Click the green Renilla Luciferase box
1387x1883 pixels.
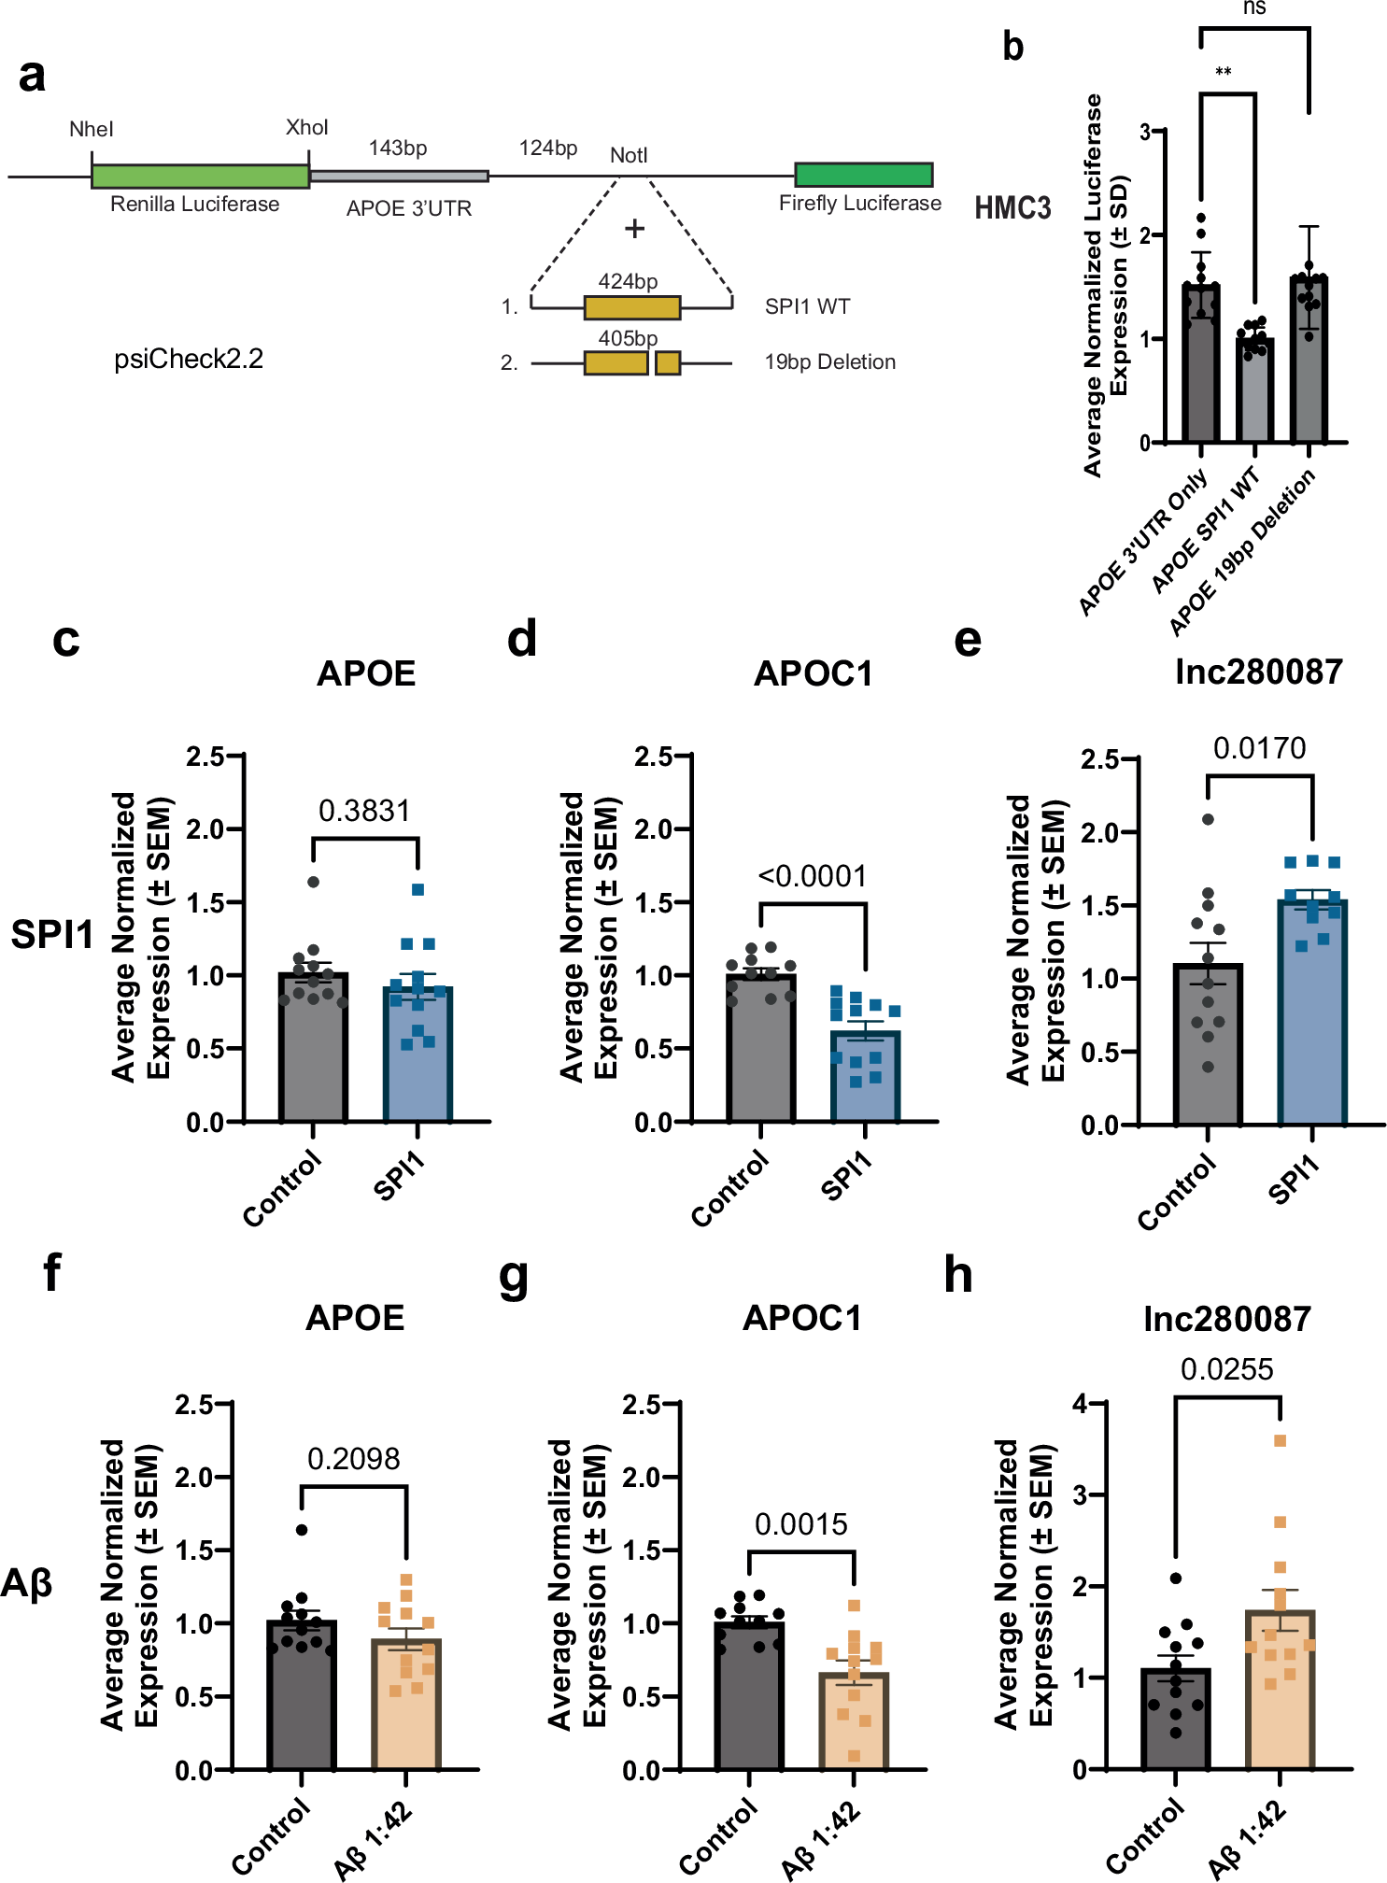click(x=200, y=176)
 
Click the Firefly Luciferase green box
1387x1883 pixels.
click(x=863, y=175)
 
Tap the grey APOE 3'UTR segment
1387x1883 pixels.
click(x=399, y=176)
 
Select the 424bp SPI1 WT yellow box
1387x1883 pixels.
click(x=632, y=307)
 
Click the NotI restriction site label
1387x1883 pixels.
click(x=629, y=155)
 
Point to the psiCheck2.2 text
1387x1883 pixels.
click(x=189, y=359)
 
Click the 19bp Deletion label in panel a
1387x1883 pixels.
click(x=829, y=362)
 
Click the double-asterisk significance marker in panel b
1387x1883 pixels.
click(x=1224, y=73)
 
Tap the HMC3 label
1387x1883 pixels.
click(x=1012, y=207)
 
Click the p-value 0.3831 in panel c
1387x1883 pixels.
click(x=364, y=811)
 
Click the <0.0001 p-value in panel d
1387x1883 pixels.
click(x=812, y=876)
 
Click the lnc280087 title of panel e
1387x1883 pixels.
click(x=1258, y=672)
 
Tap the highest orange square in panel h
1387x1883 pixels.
click(x=1281, y=1440)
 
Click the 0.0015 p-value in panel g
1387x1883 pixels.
click(x=800, y=1524)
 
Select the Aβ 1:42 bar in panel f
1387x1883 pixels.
click(x=406, y=1704)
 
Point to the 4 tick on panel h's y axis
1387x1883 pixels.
click(x=1081, y=1404)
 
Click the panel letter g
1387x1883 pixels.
click(x=514, y=1278)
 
